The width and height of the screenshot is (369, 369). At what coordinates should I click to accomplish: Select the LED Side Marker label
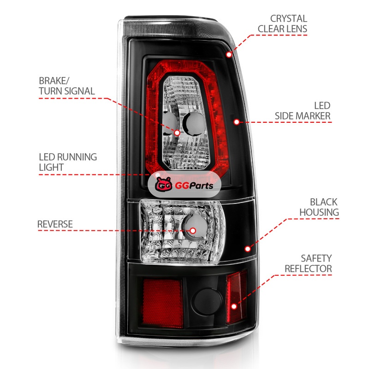(303, 111)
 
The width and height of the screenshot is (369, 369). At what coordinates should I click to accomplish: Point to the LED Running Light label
(68, 162)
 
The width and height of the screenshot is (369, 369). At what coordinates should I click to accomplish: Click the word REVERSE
(55, 224)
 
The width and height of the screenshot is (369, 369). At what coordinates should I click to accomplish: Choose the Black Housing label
(319, 207)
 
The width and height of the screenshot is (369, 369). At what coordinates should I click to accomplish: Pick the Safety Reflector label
(308, 263)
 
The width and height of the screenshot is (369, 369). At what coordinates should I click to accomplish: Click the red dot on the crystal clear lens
(229, 54)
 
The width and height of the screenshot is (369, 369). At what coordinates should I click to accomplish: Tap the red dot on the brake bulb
(177, 132)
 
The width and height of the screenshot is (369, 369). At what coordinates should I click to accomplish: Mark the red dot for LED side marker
(237, 122)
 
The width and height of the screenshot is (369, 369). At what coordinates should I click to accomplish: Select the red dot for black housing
(248, 249)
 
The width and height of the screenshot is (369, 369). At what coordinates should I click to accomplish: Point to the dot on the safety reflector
(234, 306)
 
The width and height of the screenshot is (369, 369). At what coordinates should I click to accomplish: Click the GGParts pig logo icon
(162, 185)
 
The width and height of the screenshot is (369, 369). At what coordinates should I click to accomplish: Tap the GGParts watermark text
(188, 186)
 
